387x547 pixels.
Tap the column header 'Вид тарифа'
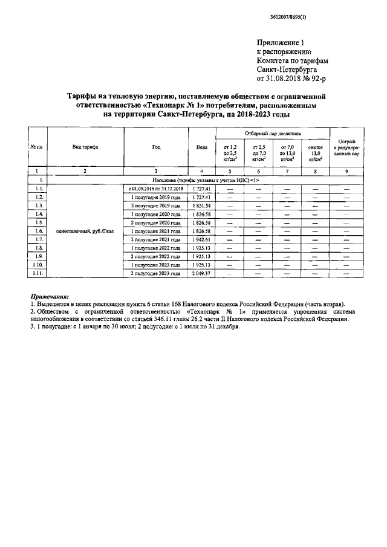tap(85, 147)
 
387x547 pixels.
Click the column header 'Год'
tap(156, 147)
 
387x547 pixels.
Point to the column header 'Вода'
tap(201, 147)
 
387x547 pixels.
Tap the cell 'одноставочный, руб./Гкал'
tap(85, 231)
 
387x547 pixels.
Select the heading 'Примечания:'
tap(50, 296)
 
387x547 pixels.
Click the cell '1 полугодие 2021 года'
tap(156, 231)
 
